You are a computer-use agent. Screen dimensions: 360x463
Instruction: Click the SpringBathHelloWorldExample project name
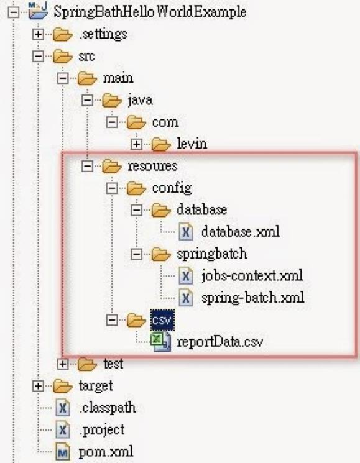click(150, 12)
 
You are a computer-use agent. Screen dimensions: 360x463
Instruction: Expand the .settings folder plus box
click(38, 34)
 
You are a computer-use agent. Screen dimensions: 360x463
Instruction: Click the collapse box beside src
click(38, 56)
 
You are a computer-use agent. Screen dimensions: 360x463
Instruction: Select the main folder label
click(118, 78)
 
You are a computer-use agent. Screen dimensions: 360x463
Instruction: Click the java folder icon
click(111, 101)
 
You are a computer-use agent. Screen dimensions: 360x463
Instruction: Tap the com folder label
click(165, 122)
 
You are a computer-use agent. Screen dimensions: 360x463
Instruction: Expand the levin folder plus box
click(136, 144)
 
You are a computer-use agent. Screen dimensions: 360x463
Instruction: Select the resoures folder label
click(152, 166)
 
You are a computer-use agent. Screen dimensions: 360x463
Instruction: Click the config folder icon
click(136, 188)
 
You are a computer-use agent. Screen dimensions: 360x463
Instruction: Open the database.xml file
click(241, 232)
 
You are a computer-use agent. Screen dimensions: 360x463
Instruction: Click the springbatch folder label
click(212, 254)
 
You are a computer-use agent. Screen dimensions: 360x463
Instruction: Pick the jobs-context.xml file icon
click(186, 276)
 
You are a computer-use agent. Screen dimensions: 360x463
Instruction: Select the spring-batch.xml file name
click(253, 298)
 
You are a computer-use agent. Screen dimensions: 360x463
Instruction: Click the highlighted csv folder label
click(162, 320)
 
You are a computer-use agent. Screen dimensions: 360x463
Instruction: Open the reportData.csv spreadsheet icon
click(160, 342)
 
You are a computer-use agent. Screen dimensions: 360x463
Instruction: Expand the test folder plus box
click(62, 364)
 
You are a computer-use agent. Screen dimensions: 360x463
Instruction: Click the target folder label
click(96, 386)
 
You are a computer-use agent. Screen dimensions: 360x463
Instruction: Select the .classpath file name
click(108, 408)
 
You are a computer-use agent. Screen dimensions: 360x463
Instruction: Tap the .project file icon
click(63, 430)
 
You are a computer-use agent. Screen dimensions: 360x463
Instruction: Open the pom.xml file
click(106, 452)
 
